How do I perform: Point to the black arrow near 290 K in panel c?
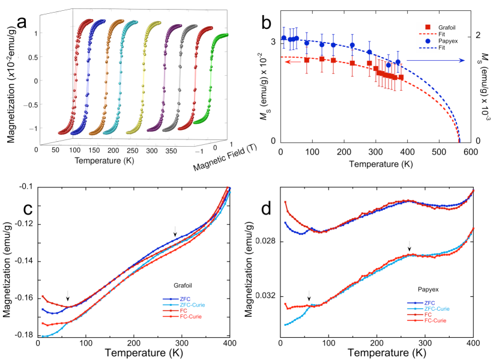pyautogui.click(x=175, y=231)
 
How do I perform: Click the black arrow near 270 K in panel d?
pyautogui.click(x=410, y=245)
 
